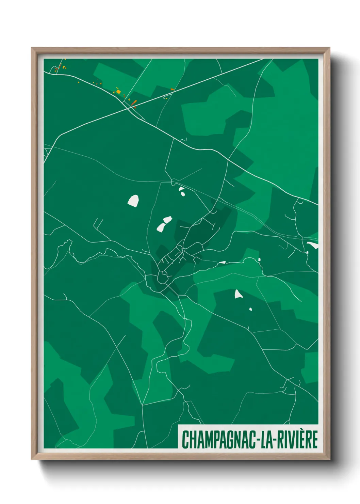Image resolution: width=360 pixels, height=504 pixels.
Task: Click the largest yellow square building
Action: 118,91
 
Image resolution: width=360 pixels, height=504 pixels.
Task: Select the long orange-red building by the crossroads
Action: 134,102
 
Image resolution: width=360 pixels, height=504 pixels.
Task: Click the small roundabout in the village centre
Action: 183,250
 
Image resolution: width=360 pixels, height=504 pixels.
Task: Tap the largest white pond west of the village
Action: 133,201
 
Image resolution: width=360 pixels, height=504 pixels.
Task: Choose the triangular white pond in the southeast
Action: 238,294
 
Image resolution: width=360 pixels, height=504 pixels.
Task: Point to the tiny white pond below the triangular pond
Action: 250,309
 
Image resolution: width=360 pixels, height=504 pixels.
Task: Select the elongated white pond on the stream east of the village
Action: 222,262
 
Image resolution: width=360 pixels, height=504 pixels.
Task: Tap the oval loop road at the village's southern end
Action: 163,278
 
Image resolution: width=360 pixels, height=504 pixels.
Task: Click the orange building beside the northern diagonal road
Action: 172,89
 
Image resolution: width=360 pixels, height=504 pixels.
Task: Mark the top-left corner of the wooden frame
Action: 32,48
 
